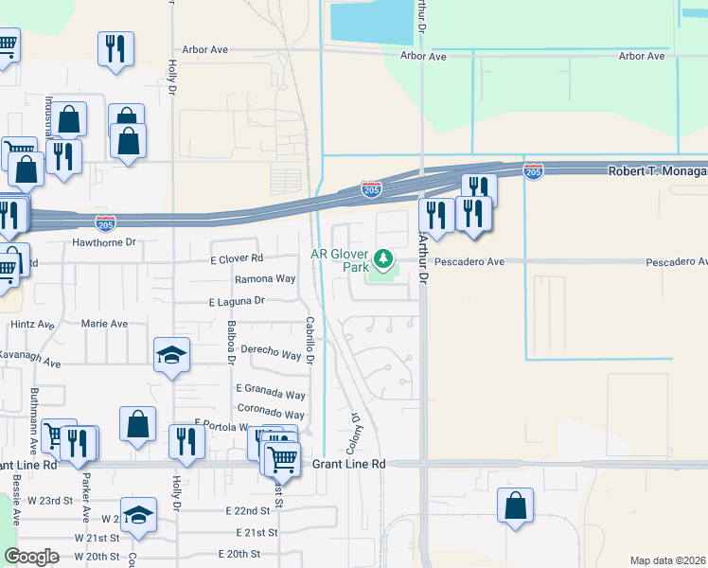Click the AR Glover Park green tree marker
pos(383,257)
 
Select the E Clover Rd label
pos(237,258)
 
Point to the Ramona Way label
pos(265,279)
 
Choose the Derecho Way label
pos(272,353)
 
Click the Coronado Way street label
pos(271,415)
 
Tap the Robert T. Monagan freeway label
pos(657,171)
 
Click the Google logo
pos(31,557)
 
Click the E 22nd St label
pos(250,510)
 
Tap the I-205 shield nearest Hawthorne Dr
pos(106,223)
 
